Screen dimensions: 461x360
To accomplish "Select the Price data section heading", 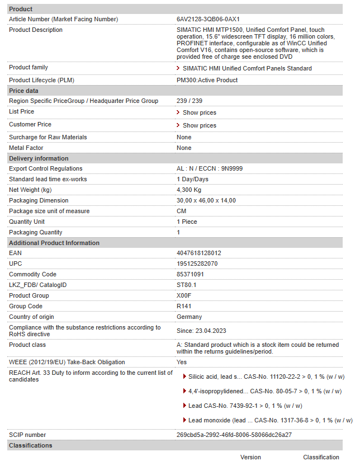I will tap(24, 91).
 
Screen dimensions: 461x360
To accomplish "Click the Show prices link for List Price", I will tap(199, 112).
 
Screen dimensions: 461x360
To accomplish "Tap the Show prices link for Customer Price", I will tap(199, 125).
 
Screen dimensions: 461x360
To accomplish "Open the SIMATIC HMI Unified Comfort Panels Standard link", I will tap(247, 68).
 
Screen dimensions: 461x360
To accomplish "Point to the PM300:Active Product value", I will tap(207, 80).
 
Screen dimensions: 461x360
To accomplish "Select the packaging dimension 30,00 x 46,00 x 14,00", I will tap(206, 200).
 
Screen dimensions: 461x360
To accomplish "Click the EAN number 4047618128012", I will tap(198, 253).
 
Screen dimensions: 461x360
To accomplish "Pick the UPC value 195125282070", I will tap(197, 264).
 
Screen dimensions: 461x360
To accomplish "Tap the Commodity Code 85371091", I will tap(190, 274).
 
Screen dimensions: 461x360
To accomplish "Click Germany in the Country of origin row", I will tap(189, 317).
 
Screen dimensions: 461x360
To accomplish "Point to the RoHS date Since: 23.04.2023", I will tap(201, 331).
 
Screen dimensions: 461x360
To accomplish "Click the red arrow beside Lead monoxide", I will tap(184, 420).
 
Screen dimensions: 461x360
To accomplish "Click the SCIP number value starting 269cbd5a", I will tap(234, 435).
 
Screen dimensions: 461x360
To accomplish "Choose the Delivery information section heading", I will tap(39, 158).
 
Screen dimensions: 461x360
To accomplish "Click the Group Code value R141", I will tap(184, 306).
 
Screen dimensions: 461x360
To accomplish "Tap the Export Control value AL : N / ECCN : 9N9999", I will tap(210, 168).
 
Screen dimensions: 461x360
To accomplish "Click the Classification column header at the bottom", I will tap(321, 457).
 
